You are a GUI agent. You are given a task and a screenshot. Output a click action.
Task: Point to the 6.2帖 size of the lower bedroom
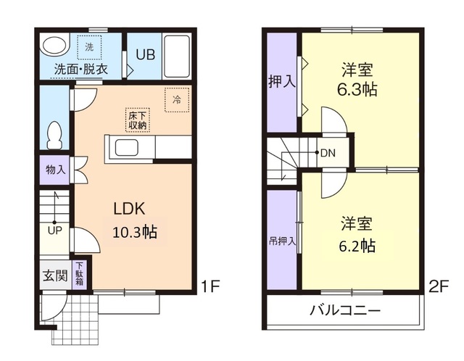click(357, 244)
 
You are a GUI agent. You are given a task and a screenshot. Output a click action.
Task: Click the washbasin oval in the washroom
click(53, 46)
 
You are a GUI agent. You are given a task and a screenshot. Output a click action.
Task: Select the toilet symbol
click(54, 135)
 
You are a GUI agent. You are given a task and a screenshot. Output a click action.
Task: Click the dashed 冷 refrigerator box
click(176, 100)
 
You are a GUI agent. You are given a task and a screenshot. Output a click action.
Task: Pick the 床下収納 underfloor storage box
click(138, 120)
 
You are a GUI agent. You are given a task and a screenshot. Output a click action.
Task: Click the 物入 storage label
click(54, 170)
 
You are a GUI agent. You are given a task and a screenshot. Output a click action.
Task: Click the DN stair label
click(328, 153)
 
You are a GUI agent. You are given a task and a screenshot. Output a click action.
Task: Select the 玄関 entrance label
click(53, 275)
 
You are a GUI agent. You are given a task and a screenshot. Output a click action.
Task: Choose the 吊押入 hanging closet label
click(282, 240)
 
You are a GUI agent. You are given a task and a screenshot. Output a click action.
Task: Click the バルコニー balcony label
click(345, 311)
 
